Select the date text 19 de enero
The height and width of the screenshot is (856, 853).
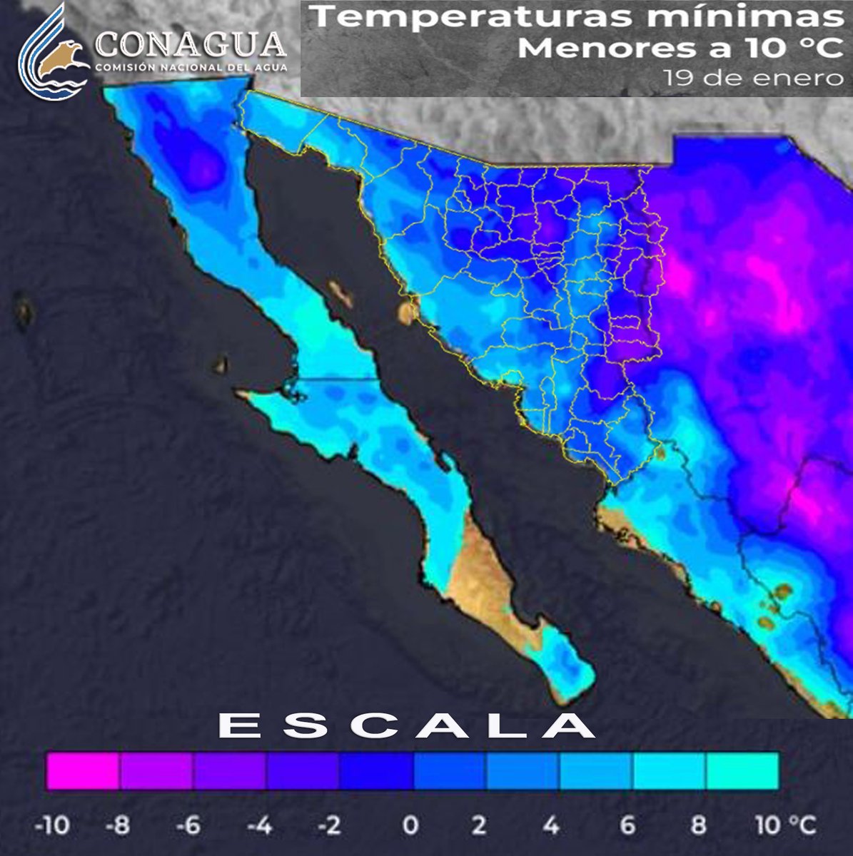(753, 77)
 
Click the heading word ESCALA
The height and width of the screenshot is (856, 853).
(405, 727)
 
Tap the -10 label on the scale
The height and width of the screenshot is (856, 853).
(52, 825)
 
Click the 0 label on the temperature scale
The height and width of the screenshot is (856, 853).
(410, 825)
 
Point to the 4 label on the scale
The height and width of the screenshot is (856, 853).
(551, 825)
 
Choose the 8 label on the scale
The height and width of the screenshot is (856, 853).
(699, 825)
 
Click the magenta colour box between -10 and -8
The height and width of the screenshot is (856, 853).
(83, 770)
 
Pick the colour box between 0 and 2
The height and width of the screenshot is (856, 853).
(450, 770)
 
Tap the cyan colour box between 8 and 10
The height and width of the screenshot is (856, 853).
(742, 770)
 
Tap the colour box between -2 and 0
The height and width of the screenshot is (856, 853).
(376, 770)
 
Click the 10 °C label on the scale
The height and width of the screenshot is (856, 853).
(784, 825)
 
